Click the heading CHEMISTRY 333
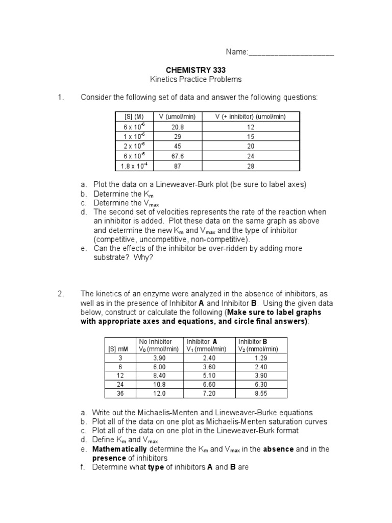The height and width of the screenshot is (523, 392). point(195,70)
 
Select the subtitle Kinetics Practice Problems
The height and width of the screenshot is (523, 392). point(195,80)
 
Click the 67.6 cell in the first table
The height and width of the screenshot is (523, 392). point(178,156)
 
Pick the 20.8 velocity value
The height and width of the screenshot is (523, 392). point(178,126)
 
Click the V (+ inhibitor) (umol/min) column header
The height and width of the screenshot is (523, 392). point(251,116)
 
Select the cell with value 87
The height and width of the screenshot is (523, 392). point(178,167)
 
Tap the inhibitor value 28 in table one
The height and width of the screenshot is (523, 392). point(251,167)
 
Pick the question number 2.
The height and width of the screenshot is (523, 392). point(60,294)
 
